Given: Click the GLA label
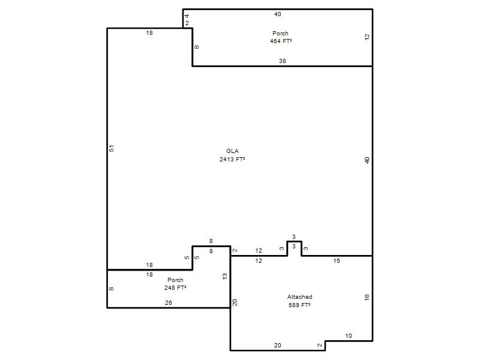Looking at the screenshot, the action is (x=232, y=151).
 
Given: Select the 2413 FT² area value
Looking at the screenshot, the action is (x=232, y=159).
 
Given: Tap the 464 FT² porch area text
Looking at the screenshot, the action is (x=281, y=41).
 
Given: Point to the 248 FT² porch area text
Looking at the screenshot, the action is (x=175, y=288).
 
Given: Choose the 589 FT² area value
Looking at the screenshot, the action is (x=299, y=305).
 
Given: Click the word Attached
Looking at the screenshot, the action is (x=299, y=296).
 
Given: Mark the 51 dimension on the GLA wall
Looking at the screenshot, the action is (x=112, y=148).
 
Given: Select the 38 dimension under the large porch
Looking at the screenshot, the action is (x=282, y=61).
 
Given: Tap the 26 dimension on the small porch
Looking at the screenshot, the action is (x=169, y=303).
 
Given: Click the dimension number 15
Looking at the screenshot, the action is (x=337, y=261).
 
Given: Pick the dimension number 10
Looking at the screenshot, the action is (x=349, y=336).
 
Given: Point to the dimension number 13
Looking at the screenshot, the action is (x=225, y=277).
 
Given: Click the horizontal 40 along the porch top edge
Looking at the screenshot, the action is (x=278, y=14).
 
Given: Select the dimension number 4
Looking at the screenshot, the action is (x=187, y=16).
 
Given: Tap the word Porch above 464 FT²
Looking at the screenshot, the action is (x=280, y=33).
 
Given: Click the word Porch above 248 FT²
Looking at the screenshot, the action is (x=175, y=280).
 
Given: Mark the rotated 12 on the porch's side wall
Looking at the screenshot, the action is (x=367, y=37).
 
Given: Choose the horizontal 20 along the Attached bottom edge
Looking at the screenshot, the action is (x=278, y=346).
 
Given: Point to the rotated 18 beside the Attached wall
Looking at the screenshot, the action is (x=367, y=297).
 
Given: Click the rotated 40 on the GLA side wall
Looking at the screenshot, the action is (x=367, y=160).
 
